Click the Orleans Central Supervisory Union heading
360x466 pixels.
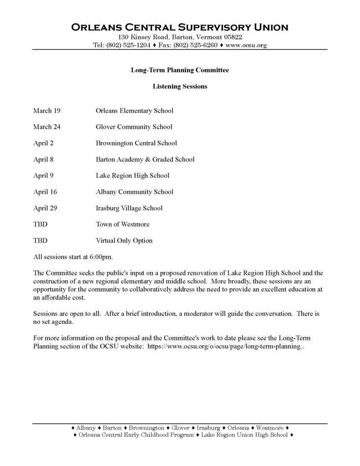click(x=180, y=27)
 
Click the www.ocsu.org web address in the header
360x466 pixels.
click(x=246, y=45)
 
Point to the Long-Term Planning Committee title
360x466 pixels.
click(x=180, y=70)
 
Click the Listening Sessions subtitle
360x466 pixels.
click(x=180, y=86)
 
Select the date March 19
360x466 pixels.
click(x=47, y=111)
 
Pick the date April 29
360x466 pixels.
click(x=45, y=208)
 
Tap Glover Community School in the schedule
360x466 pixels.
click(x=134, y=127)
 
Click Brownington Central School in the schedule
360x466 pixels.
click(x=136, y=143)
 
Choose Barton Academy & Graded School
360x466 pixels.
click(x=145, y=159)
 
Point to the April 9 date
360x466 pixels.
click(x=43, y=176)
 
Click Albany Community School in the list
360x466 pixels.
click(x=134, y=192)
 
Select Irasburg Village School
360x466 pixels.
click(x=129, y=208)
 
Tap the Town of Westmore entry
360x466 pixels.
click(x=122, y=224)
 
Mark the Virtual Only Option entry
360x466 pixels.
click(x=124, y=240)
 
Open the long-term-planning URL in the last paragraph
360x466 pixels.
click(x=224, y=346)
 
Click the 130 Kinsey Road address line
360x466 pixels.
click(x=180, y=37)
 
